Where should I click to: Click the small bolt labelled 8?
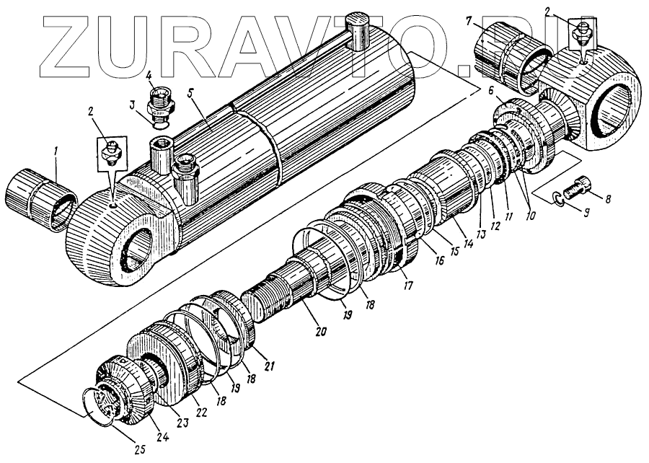point(575,189)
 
